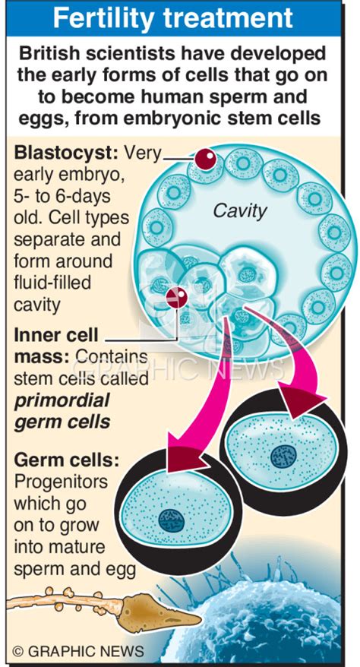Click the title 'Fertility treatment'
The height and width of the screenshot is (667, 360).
pos(180,18)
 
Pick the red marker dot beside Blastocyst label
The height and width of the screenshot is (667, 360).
pos(206,159)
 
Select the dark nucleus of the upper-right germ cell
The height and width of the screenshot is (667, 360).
pos(284,456)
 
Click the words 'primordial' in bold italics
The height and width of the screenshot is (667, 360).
pos(62,400)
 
